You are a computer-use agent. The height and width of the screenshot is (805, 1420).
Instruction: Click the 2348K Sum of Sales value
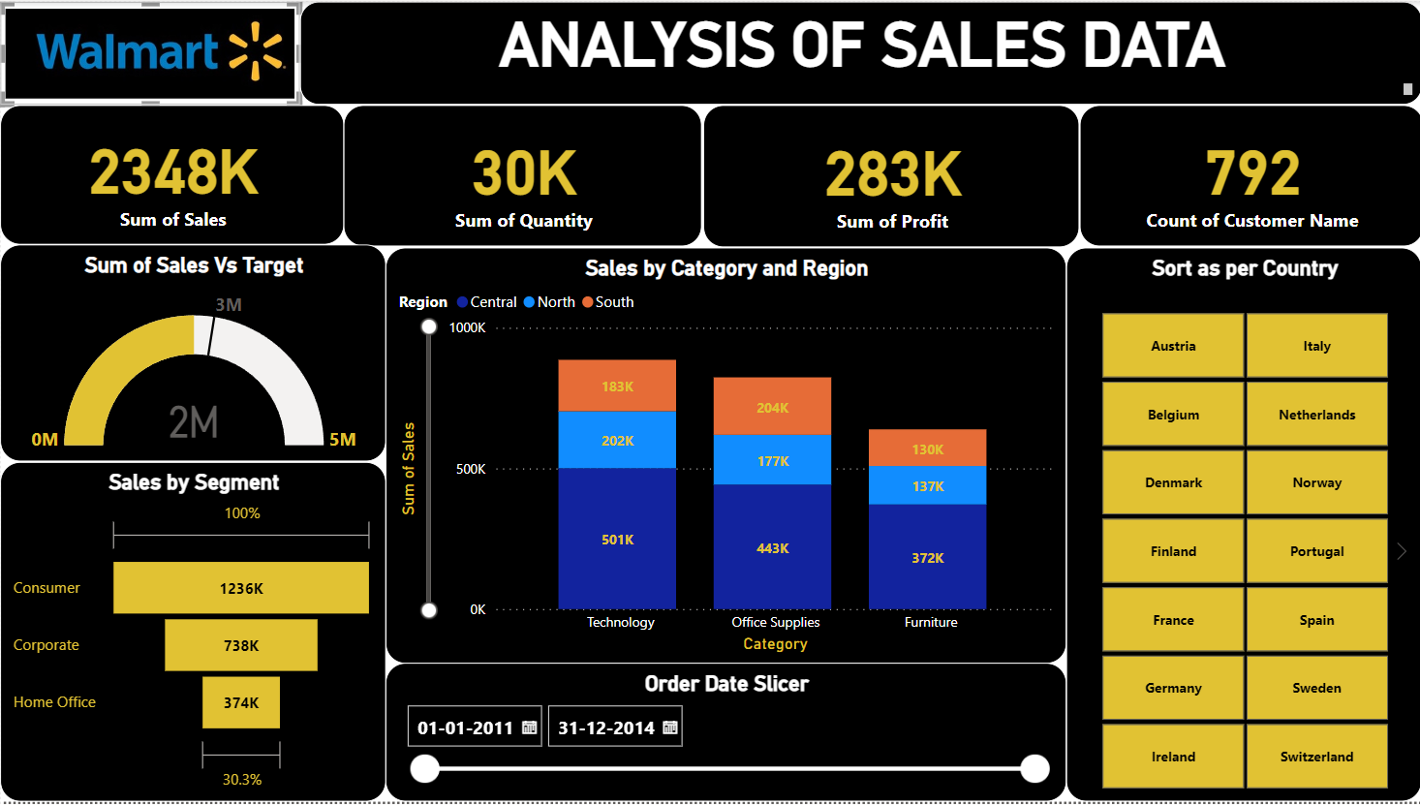tap(174, 172)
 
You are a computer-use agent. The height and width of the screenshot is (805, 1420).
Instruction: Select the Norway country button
tap(1316, 482)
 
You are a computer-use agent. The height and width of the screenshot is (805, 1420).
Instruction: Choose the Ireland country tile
tap(1173, 757)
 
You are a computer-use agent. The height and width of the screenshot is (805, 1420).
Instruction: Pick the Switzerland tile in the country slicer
tap(1316, 757)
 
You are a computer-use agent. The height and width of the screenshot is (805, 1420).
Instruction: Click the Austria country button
tap(1173, 346)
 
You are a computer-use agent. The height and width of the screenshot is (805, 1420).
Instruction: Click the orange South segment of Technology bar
tap(617, 386)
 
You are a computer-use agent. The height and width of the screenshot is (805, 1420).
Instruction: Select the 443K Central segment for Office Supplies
tap(772, 547)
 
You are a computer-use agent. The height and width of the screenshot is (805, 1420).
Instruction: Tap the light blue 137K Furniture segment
tap(927, 486)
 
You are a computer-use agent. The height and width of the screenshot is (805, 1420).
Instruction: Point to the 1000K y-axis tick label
tap(467, 328)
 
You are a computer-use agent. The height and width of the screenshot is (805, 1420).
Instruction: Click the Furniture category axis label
tap(931, 623)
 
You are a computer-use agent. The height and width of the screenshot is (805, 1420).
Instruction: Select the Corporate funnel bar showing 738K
tap(241, 645)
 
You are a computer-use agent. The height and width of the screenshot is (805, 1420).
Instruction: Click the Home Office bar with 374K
tap(241, 702)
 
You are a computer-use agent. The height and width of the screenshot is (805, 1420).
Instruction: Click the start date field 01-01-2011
tap(465, 728)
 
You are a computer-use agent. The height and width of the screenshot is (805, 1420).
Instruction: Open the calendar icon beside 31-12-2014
tap(670, 728)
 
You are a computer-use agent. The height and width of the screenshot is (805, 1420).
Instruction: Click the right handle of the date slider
tap(1034, 769)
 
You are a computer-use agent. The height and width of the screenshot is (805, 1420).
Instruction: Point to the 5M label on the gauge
tap(342, 440)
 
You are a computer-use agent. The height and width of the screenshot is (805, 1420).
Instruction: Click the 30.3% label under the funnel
tap(242, 779)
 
